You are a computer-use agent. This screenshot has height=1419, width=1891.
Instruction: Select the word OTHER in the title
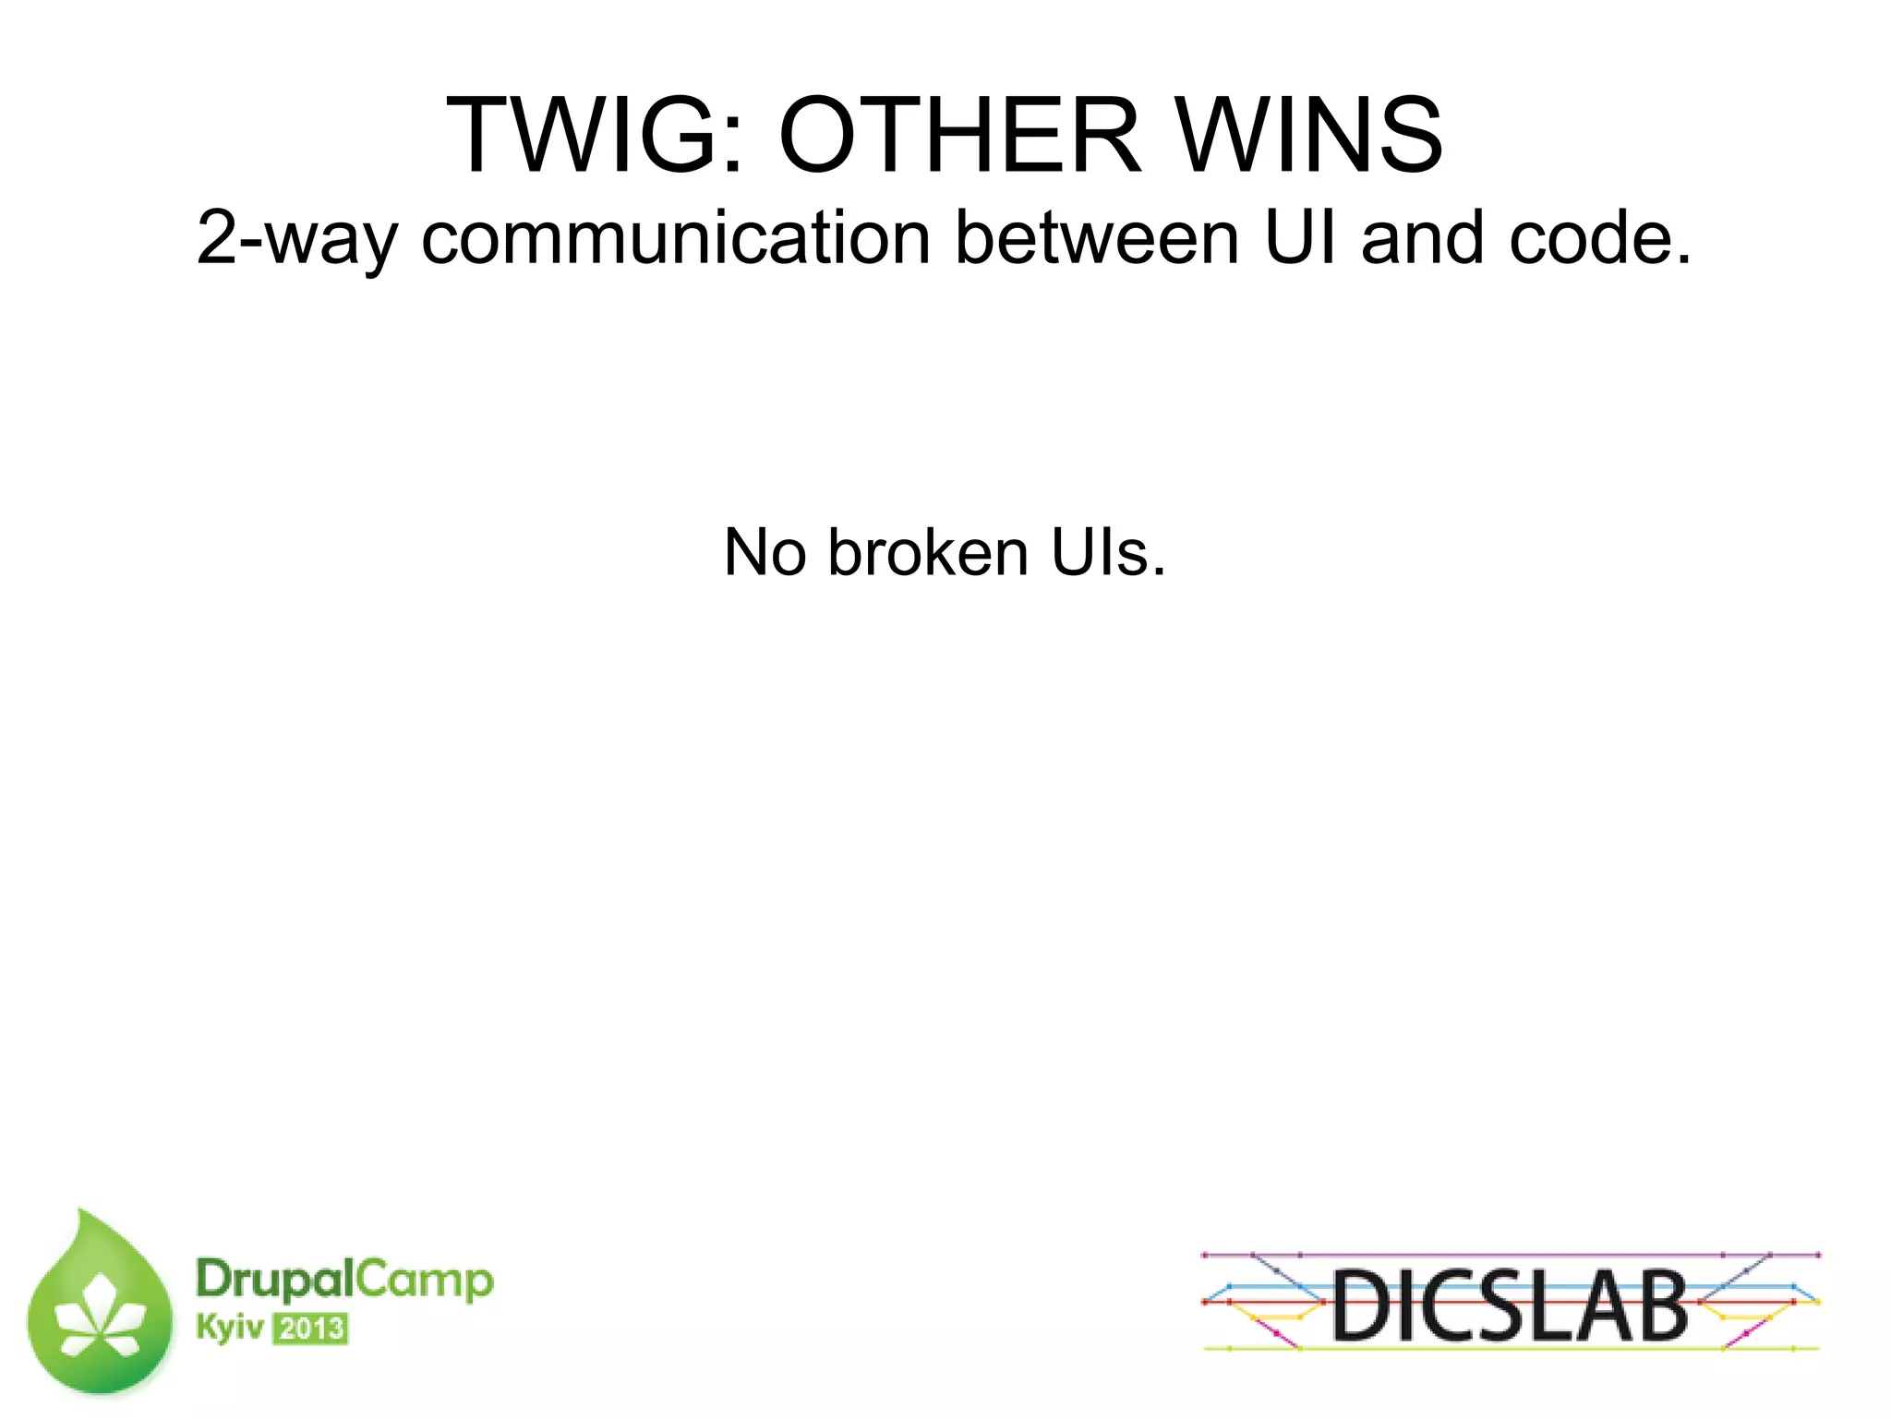click(960, 136)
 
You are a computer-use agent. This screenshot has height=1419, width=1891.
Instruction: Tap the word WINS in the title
click(1310, 136)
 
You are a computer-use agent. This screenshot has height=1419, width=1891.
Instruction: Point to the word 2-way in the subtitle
click(296, 239)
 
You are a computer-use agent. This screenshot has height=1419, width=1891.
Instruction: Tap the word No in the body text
click(764, 553)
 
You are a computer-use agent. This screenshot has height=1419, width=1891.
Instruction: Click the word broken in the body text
click(928, 553)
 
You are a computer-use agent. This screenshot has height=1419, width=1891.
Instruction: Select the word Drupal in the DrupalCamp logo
click(275, 1281)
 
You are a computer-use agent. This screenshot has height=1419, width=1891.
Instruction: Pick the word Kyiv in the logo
click(230, 1329)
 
